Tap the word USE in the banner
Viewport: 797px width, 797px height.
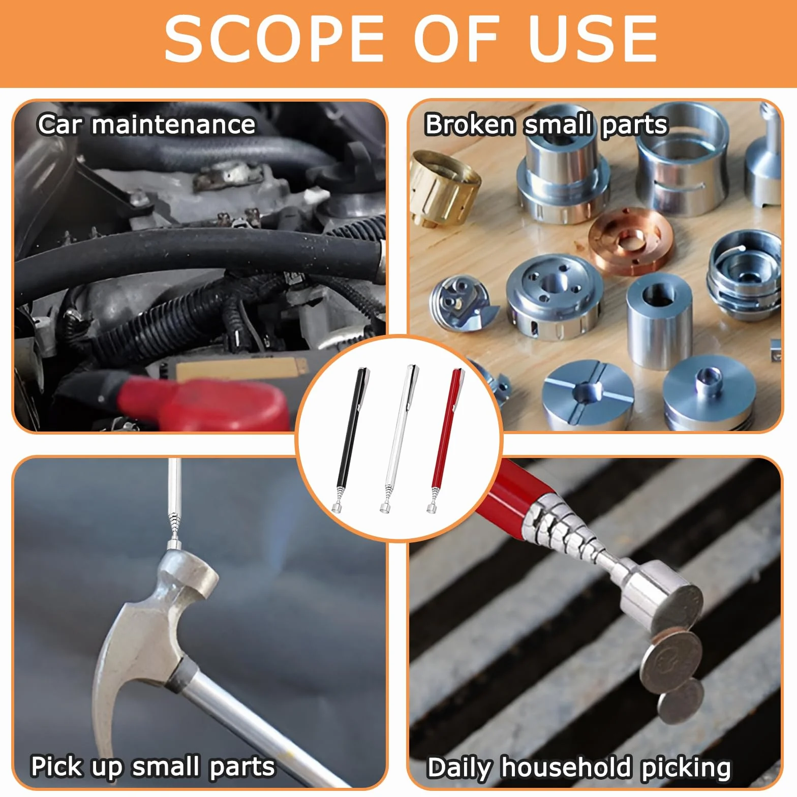pyautogui.click(x=593, y=39)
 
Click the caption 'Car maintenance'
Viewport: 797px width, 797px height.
pyautogui.click(x=146, y=125)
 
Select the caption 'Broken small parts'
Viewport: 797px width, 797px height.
pyautogui.click(x=546, y=125)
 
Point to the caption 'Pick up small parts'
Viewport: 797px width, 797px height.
pyautogui.click(x=152, y=767)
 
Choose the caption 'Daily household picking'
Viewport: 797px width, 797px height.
pyautogui.click(x=579, y=768)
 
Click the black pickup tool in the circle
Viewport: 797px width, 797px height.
pyautogui.click(x=350, y=438)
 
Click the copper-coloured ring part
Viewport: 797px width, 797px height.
pyautogui.click(x=630, y=241)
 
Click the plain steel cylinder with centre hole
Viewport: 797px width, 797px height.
pyautogui.click(x=659, y=320)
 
